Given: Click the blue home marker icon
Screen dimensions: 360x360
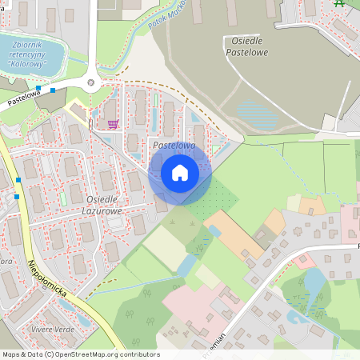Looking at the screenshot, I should [x=179, y=172].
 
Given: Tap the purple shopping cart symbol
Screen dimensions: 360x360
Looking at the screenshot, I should [x=113, y=124].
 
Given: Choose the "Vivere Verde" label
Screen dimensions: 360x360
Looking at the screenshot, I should [x=53, y=328].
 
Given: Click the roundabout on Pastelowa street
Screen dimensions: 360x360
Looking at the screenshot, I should [x=90, y=82].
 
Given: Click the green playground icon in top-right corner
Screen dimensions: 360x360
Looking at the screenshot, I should [x=340, y=3].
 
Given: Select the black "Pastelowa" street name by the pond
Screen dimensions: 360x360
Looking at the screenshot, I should [x=24, y=98].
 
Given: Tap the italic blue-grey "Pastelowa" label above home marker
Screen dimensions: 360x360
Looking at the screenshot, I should [x=174, y=146].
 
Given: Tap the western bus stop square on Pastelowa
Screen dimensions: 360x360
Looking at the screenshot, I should [x=38, y=88].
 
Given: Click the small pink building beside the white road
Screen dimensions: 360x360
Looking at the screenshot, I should [x=302, y=261].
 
